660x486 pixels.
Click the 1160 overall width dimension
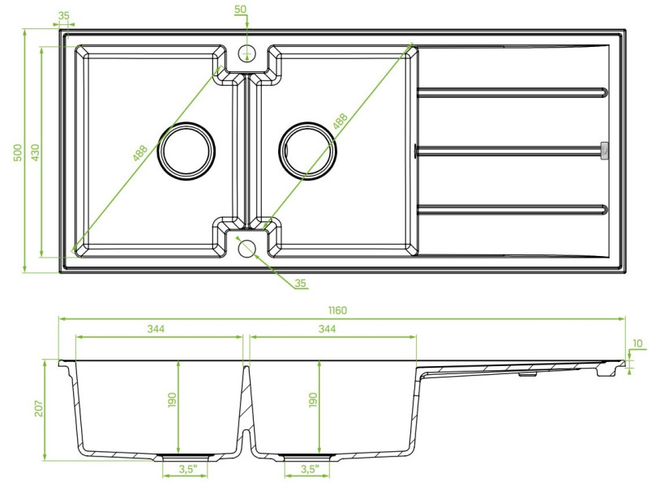coord(337,310)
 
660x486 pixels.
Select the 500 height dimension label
coord(18,152)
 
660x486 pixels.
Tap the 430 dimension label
coord(36,152)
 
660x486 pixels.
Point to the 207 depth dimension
coord(39,408)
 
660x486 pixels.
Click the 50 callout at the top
coord(241,9)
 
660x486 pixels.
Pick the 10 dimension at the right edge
coord(637,343)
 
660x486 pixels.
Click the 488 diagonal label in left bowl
coord(140,153)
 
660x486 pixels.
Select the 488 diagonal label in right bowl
coord(340,121)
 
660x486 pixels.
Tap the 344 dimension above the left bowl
coord(156,328)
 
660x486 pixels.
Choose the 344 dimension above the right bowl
coord(327,328)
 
